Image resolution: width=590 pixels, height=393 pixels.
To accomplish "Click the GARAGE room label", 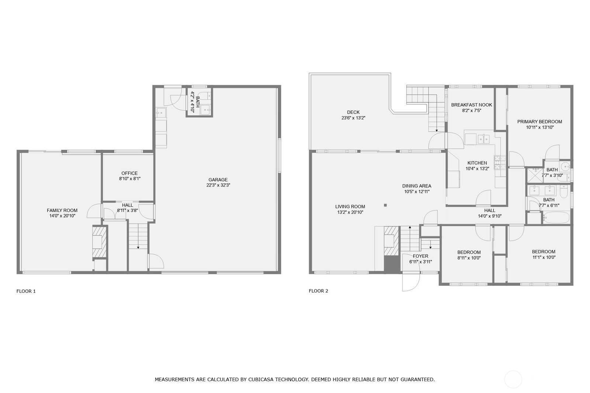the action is pyautogui.click(x=218, y=180).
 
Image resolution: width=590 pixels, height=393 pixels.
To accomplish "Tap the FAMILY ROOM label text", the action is pyautogui.click(x=62, y=210).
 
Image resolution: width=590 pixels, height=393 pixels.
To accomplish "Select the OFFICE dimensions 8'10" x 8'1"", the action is pyautogui.click(x=129, y=178).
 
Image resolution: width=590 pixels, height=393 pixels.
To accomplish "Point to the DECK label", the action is pyautogui.click(x=353, y=112).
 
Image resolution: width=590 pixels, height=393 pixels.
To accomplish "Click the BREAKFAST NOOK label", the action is pyautogui.click(x=472, y=105).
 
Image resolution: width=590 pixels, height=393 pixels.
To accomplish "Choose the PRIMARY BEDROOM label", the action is pyautogui.click(x=540, y=122).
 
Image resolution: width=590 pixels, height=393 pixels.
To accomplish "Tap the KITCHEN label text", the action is pyautogui.click(x=477, y=163).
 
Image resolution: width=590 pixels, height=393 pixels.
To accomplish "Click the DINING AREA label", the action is pyautogui.click(x=417, y=186).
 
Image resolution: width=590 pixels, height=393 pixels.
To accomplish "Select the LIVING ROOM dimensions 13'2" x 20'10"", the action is pyautogui.click(x=350, y=212).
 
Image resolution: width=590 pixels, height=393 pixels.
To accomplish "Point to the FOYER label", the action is pyautogui.click(x=420, y=256).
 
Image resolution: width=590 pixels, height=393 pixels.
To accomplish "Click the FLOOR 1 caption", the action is pyautogui.click(x=26, y=291).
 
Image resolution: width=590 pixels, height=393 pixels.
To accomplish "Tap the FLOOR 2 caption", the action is pyautogui.click(x=319, y=291).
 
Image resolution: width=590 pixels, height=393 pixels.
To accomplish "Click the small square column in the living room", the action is pyautogui.click(x=385, y=205).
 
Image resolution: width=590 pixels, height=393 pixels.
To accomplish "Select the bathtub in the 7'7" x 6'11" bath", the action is pyautogui.click(x=556, y=218).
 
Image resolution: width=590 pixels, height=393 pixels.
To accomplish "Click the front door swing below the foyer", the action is pyautogui.click(x=411, y=282).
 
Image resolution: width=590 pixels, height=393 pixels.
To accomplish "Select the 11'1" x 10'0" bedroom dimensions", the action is pyautogui.click(x=544, y=257).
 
